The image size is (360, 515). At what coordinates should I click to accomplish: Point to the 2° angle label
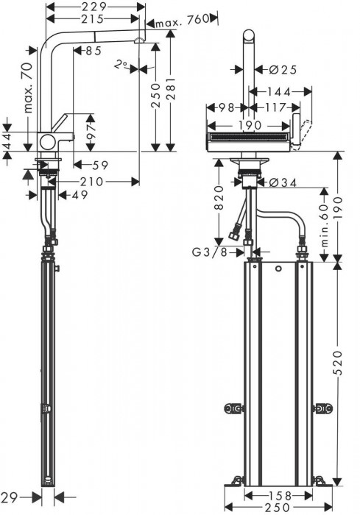pyautogui.click(x=121, y=65)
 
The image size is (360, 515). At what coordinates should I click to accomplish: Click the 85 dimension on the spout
pyautogui.click(x=93, y=51)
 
